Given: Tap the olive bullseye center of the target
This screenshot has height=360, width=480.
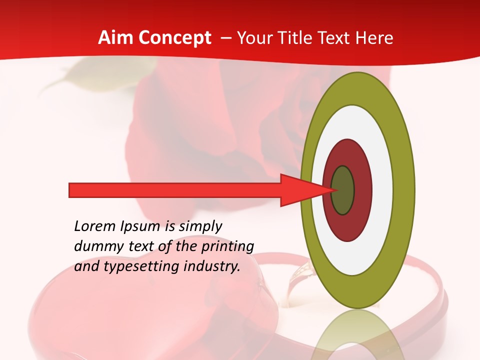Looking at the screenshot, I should point(343,190).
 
